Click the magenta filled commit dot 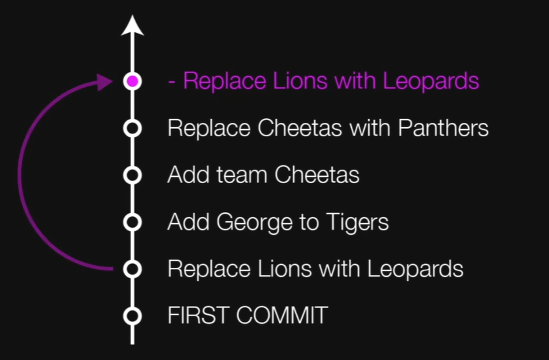click(x=132, y=81)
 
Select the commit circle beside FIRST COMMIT click(x=132, y=315)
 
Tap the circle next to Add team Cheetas click(x=132, y=175)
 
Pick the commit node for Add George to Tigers click(x=132, y=222)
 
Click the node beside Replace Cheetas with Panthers click(x=132, y=128)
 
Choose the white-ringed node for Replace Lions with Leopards click(x=132, y=268)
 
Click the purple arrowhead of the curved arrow click(x=106, y=82)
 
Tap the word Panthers click(x=443, y=128)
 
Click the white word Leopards click(x=415, y=269)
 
